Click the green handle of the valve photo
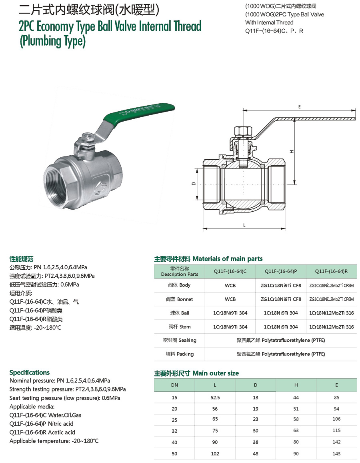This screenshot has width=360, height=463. [x=139, y=113]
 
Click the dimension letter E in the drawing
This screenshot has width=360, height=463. [x=299, y=106]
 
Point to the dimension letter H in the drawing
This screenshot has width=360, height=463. [x=292, y=152]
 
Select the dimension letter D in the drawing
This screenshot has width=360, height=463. [x=194, y=184]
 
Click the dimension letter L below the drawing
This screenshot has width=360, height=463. [x=244, y=225]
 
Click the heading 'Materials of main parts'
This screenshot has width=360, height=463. [x=228, y=259]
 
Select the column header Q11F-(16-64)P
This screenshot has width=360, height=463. [x=281, y=271]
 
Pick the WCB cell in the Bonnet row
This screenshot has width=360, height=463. [x=230, y=299]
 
